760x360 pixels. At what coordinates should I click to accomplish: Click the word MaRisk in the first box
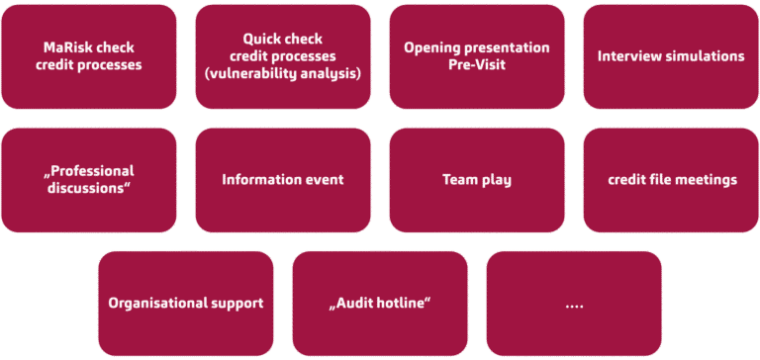(x=65, y=47)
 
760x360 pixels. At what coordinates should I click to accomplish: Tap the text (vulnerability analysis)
(x=282, y=73)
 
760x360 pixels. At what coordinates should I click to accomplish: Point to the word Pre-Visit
(x=477, y=65)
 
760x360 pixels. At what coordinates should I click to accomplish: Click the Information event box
(x=283, y=179)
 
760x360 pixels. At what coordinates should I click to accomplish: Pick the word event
(x=324, y=179)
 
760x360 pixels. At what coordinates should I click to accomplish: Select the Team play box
(x=477, y=179)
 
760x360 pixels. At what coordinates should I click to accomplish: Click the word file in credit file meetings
(x=662, y=179)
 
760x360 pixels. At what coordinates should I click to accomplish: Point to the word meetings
(x=707, y=179)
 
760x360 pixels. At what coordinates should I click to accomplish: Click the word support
(x=235, y=303)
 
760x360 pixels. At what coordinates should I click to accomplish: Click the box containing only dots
(x=574, y=303)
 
